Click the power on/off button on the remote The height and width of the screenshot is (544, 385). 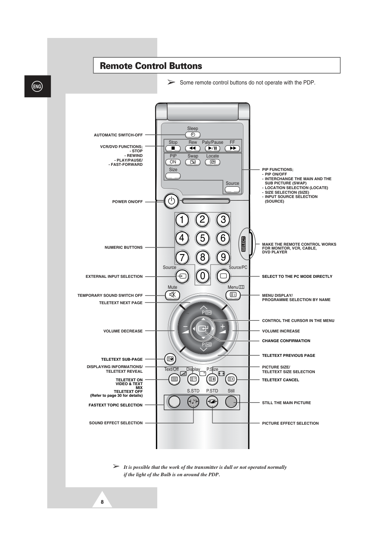pyautogui.click(x=172, y=201)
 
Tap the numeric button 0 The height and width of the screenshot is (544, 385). pyautogui.click(x=202, y=276)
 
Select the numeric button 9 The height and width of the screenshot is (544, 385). pyautogui.click(x=223, y=257)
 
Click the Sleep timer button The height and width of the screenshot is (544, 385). pyautogui.click(x=192, y=135)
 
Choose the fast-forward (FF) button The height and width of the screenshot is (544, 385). pyautogui.click(x=232, y=148)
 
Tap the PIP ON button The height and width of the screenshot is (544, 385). pyautogui.click(x=173, y=162)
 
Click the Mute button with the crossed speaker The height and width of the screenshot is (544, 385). pyautogui.click(x=172, y=295)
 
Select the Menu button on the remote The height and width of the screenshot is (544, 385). pyautogui.click(x=233, y=295)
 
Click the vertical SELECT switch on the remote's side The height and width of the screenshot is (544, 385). pyautogui.click(x=244, y=244)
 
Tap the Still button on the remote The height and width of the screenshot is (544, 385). pyautogui.click(x=231, y=402)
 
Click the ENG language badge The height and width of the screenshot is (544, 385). pyautogui.click(x=37, y=86)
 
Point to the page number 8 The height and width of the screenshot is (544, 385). pyautogui.click(x=102, y=502)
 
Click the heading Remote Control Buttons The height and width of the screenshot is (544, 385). pyautogui.click(x=151, y=66)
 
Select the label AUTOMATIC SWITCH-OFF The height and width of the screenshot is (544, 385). pyautogui.click(x=118, y=135)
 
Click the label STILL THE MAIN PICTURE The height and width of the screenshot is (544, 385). pyautogui.click(x=286, y=403)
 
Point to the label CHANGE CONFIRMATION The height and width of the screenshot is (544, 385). pyautogui.click(x=286, y=341)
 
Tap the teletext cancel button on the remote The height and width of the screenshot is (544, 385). pyautogui.click(x=231, y=379)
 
